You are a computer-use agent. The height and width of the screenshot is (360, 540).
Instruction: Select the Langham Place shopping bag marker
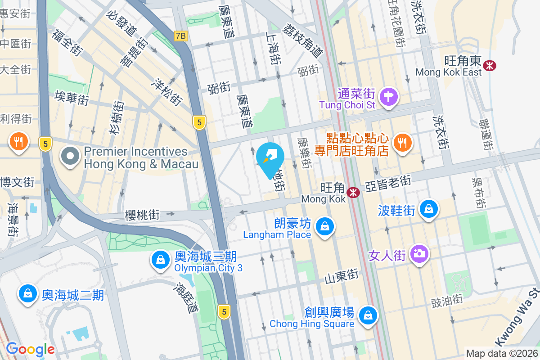point(324,226)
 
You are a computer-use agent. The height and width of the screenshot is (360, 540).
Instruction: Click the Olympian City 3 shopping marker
point(160,260)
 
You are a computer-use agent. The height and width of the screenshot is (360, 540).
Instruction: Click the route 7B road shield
point(180,36)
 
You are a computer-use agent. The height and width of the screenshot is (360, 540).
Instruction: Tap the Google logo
point(30,349)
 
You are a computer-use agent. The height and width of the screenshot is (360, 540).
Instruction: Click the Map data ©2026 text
point(502,354)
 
